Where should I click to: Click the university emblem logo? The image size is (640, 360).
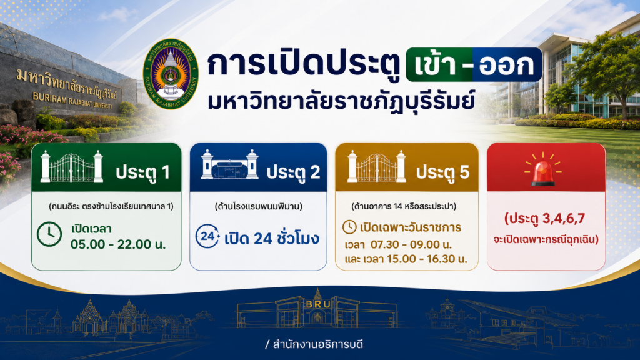(x=171, y=74)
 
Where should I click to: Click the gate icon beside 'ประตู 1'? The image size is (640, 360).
(x=71, y=166)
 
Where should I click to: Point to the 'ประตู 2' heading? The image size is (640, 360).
(x=293, y=172)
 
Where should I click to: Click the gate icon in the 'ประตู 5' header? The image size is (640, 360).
(x=377, y=166)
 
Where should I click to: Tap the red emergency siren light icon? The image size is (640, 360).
(x=543, y=169)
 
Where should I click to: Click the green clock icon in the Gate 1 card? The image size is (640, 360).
(x=49, y=234)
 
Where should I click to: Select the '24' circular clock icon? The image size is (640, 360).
(x=207, y=236)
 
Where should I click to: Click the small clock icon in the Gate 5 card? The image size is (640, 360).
(x=349, y=227)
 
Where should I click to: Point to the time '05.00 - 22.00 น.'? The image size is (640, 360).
(x=118, y=244)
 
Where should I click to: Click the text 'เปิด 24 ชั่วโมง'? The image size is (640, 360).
(x=271, y=238)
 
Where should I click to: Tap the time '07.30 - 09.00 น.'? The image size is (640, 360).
(x=411, y=244)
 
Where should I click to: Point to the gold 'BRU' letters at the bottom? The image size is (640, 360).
(x=318, y=304)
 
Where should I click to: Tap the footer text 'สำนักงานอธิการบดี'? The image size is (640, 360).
(x=317, y=344)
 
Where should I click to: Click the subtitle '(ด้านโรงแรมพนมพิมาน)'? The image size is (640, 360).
(x=258, y=206)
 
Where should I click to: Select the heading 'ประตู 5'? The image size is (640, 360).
(x=443, y=172)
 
